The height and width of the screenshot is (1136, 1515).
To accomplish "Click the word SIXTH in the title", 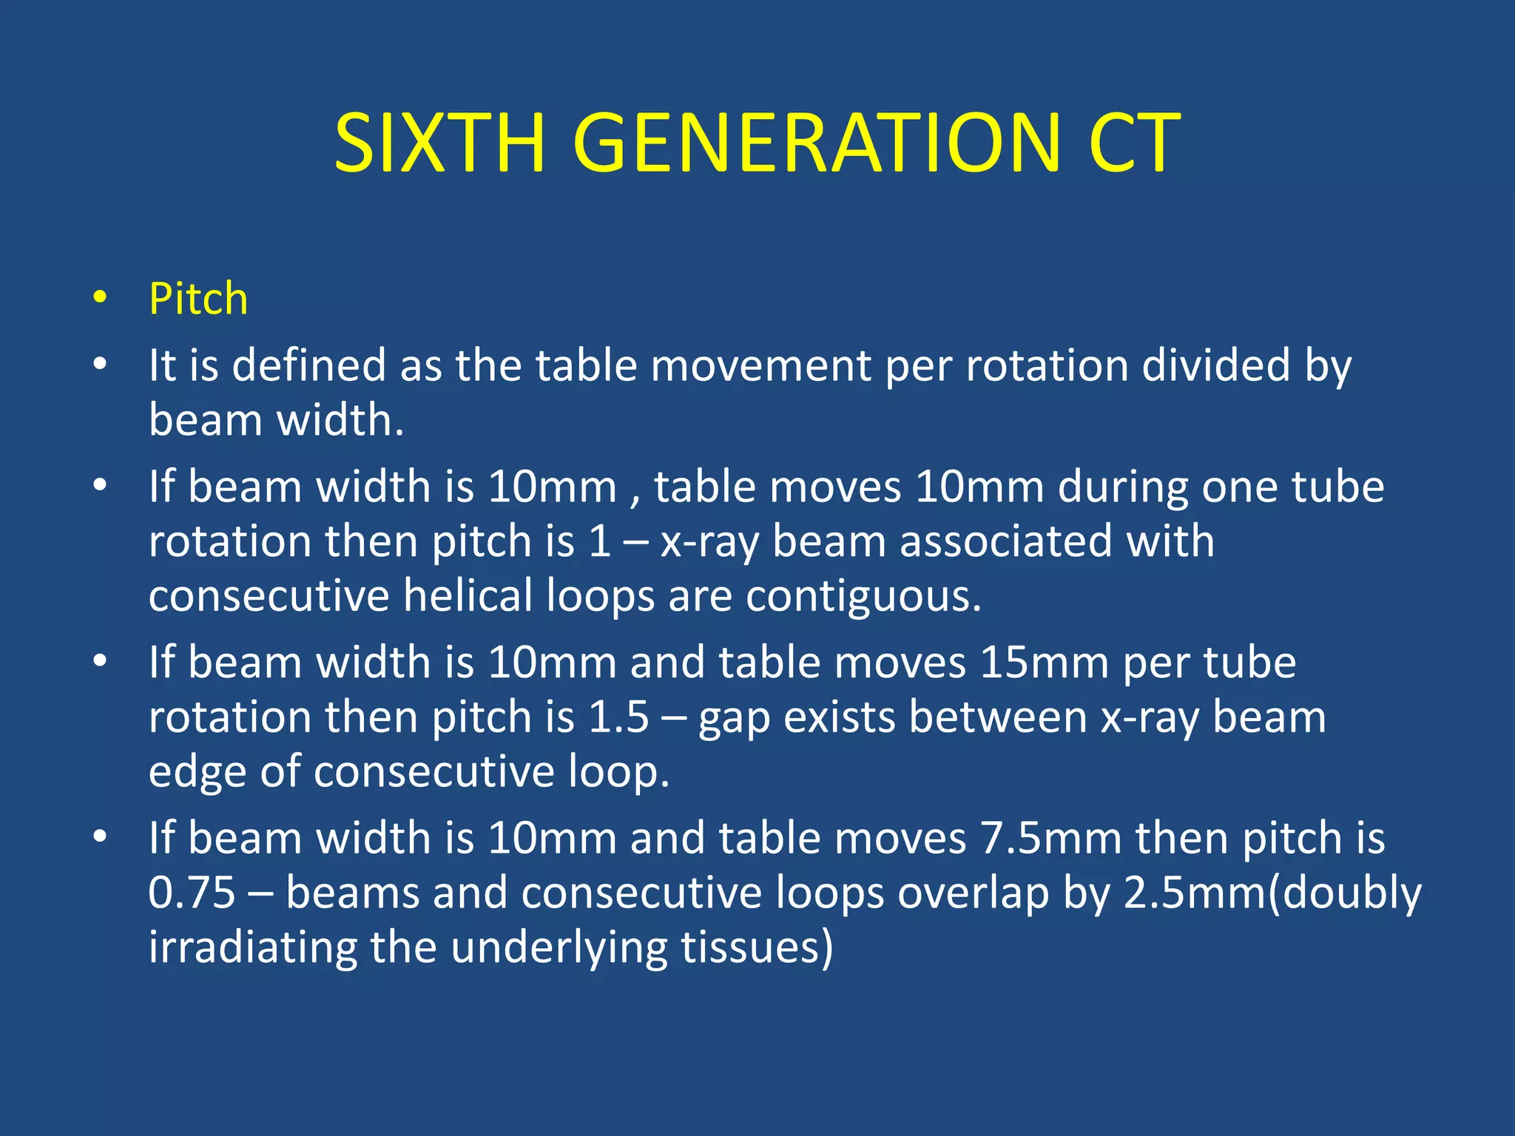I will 439,143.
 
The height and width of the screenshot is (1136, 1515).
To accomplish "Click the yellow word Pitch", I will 198,299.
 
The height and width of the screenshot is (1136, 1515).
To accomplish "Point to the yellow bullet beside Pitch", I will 100,299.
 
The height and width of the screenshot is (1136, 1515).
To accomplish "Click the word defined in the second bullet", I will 309,365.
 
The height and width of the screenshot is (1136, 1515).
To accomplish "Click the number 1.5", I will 618,717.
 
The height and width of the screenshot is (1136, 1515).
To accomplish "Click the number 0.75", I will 192,893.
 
